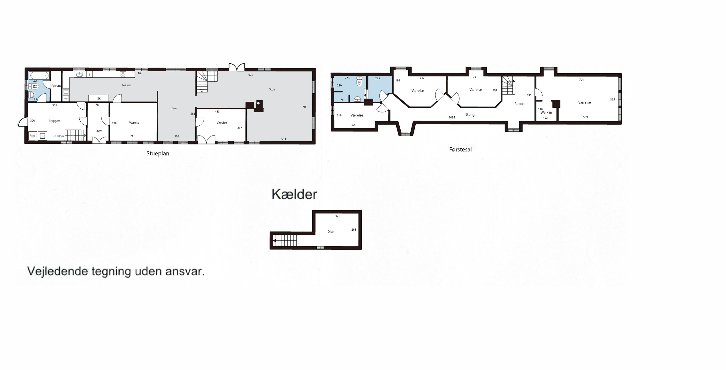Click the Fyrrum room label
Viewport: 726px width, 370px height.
click(x=56, y=86)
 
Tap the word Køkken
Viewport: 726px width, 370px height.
click(x=126, y=85)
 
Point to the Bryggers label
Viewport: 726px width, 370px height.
click(x=54, y=121)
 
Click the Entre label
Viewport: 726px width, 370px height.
click(x=99, y=131)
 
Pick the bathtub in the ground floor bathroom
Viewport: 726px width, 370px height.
click(x=39, y=76)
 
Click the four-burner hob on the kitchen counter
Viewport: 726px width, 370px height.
click(x=123, y=74)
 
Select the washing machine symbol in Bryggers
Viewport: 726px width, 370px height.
click(x=43, y=136)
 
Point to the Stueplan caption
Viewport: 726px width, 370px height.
click(x=158, y=154)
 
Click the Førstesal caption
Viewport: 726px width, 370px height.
click(x=460, y=150)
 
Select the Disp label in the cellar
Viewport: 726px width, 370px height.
click(x=331, y=232)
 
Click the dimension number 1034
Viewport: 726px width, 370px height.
click(x=452, y=118)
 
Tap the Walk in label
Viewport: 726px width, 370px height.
click(x=546, y=113)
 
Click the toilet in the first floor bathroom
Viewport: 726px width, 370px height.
click(x=359, y=82)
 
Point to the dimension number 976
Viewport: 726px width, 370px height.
click(x=251, y=75)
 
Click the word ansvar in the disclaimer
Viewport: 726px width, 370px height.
click(x=185, y=272)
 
